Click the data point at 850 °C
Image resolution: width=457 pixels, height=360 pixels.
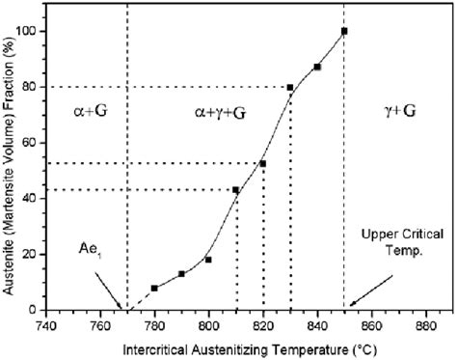click(x=344, y=31)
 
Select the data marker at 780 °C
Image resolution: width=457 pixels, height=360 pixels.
click(x=154, y=288)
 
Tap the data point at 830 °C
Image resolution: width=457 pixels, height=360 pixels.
click(x=290, y=88)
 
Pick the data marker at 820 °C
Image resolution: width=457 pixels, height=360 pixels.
click(x=262, y=163)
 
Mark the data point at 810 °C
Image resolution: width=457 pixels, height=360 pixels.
click(x=236, y=189)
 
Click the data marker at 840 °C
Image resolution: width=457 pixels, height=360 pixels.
click(x=317, y=67)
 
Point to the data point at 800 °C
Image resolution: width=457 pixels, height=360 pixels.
click(x=208, y=260)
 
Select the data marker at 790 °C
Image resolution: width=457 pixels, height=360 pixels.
click(x=181, y=274)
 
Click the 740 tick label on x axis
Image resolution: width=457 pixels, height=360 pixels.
click(x=45, y=324)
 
